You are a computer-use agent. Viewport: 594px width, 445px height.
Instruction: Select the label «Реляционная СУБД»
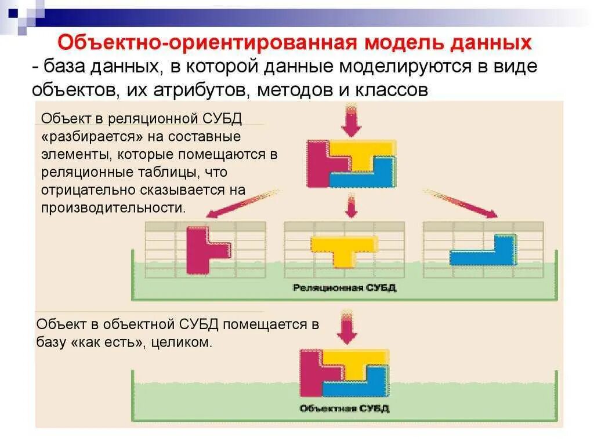(345, 287)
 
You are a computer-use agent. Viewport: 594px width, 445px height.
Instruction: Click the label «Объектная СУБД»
(345, 408)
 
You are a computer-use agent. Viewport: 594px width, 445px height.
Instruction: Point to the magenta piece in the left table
(200, 249)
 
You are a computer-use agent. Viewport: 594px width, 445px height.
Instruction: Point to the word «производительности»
(114, 207)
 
